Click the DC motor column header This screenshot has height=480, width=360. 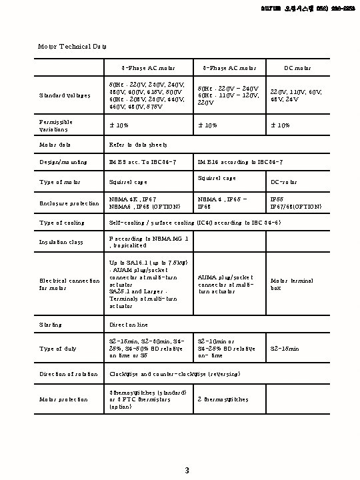click(x=297, y=68)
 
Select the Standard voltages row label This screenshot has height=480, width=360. click(x=65, y=95)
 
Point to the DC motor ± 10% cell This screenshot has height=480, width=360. click(x=280, y=125)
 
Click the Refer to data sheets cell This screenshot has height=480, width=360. click(x=138, y=145)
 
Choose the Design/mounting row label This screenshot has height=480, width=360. click(x=63, y=162)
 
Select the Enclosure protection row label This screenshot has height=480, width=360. click(x=68, y=203)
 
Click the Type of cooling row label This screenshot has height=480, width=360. click(x=61, y=223)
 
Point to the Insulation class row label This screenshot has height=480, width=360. click(x=61, y=241)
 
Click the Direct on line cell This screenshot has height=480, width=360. click(x=129, y=325)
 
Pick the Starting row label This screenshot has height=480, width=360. click(x=51, y=325)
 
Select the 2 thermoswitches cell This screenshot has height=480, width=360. click(x=223, y=399)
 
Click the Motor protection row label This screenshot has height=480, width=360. click(x=64, y=399)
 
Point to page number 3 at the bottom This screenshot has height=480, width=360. click(x=187, y=471)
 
